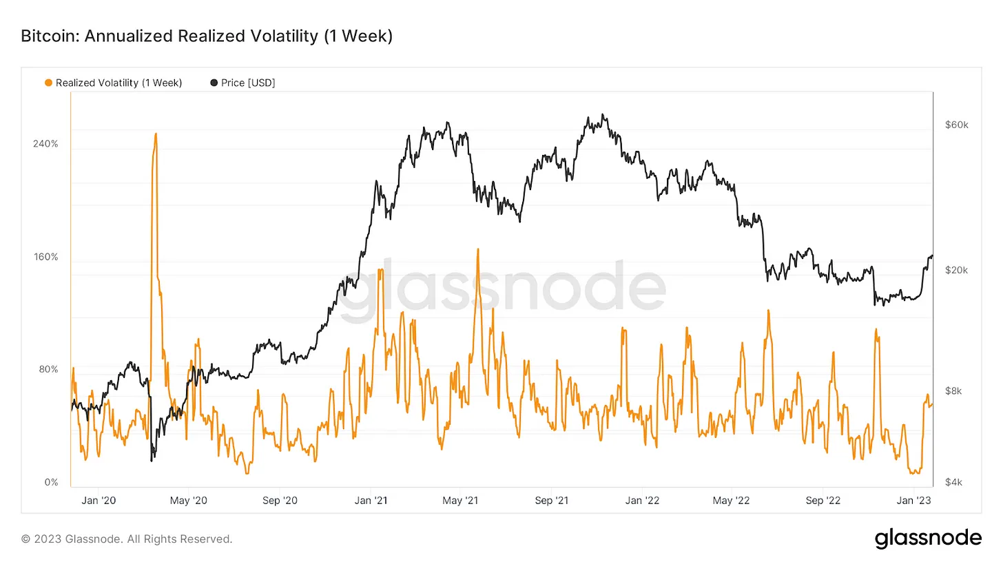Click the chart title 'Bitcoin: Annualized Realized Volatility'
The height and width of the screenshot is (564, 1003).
(x=207, y=36)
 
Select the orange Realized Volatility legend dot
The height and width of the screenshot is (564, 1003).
(x=48, y=83)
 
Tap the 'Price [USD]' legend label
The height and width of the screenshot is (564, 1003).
(x=248, y=83)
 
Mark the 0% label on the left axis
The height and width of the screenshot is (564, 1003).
(x=51, y=482)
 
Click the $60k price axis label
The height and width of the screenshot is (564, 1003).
(x=956, y=125)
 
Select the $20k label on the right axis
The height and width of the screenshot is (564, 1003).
(x=956, y=271)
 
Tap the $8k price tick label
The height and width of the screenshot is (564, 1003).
(x=956, y=391)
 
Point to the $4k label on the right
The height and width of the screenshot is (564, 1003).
(x=956, y=482)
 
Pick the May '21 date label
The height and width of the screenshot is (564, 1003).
(x=462, y=501)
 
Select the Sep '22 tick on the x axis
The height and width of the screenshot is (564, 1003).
(x=824, y=501)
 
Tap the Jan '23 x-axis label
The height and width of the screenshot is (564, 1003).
(x=913, y=501)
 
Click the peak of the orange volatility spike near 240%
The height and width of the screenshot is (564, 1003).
(x=156, y=134)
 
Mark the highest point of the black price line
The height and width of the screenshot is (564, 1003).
(x=603, y=114)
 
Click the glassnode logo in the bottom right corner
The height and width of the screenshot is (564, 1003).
(x=927, y=539)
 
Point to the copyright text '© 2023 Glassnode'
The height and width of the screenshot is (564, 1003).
(x=127, y=539)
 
